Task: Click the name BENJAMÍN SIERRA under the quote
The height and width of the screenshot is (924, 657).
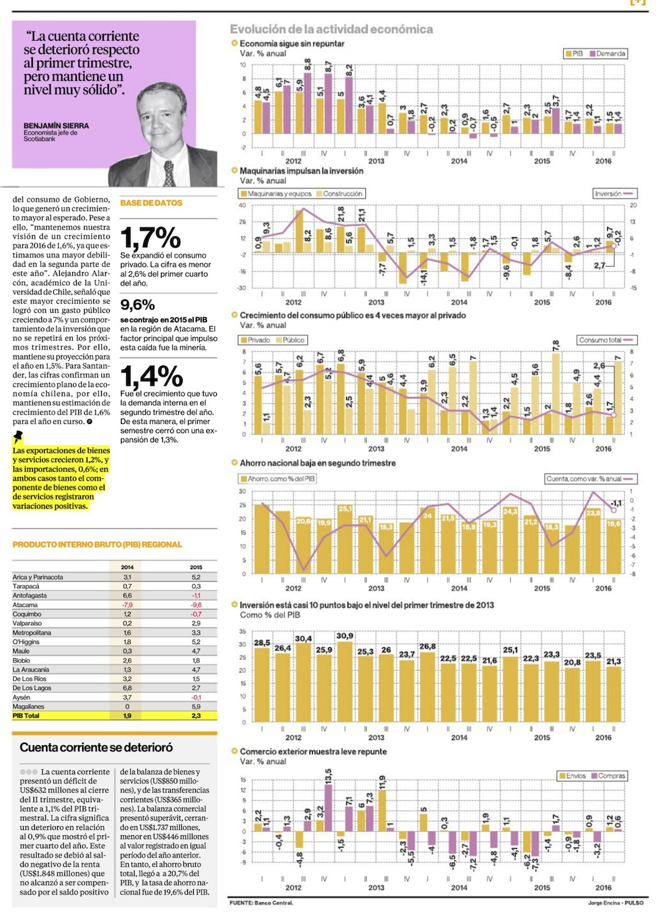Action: pos(56,126)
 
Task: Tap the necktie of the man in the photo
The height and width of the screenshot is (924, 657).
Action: pos(169,172)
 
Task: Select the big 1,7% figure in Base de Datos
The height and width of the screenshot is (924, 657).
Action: pos(150,237)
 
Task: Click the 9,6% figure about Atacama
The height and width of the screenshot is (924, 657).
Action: pos(137,305)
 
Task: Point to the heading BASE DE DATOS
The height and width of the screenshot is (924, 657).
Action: pos(151,203)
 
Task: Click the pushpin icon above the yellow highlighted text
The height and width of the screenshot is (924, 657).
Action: pos(18,436)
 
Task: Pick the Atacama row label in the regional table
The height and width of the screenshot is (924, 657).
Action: pos(25,605)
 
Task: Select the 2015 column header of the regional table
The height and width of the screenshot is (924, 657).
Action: pos(196,567)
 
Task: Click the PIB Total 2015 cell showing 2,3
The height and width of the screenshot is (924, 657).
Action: pos(196,716)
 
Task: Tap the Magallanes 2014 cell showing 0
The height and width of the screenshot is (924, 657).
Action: pos(127,706)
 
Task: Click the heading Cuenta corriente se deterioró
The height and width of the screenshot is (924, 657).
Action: pos(96,747)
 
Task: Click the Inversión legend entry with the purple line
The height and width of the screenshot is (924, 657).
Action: pos(614,194)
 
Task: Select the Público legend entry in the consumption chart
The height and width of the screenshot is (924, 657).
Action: pos(293,340)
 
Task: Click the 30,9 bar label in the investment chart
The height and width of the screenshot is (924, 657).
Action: pos(344,636)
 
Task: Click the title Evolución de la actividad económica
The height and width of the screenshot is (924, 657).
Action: pos(331,29)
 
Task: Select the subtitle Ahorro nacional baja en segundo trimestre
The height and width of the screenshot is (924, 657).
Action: pos(317,463)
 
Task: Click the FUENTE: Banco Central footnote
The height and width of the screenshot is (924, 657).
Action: pos(261,903)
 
